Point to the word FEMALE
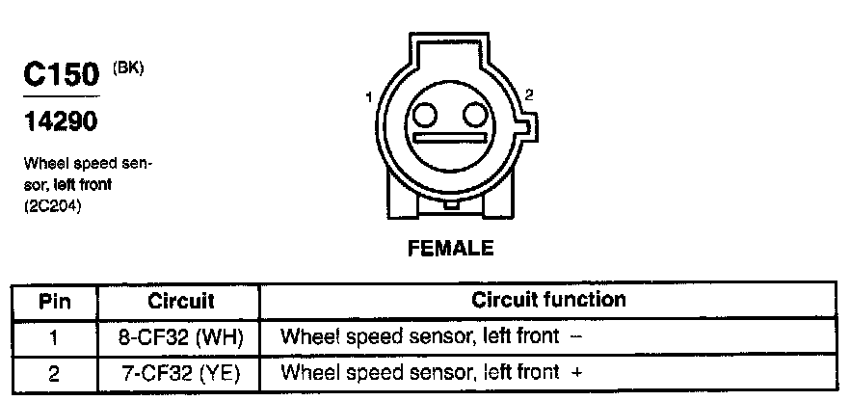[x=451, y=249]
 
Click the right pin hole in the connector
[x=473, y=116]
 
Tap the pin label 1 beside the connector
[x=369, y=97]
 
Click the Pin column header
[x=55, y=301]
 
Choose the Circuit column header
[x=181, y=301]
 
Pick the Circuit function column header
[x=548, y=300]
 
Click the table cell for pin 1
[x=55, y=337]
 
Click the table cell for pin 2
[x=55, y=372]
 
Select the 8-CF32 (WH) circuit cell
[x=181, y=337]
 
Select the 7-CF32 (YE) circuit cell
[x=181, y=372]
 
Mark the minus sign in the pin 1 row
[x=575, y=337]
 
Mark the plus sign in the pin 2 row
[x=577, y=372]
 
